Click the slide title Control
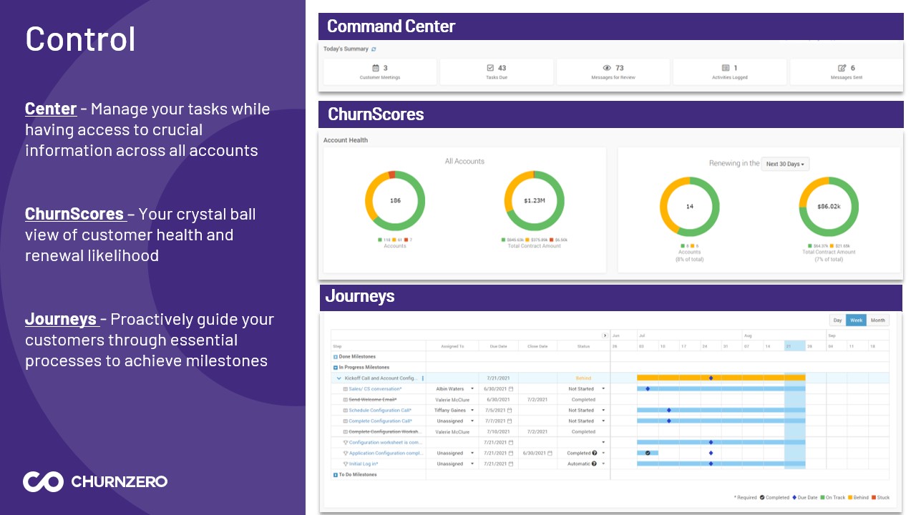[80, 39]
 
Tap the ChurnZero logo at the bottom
[95, 481]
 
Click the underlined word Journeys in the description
[61, 319]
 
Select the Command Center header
[391, 26]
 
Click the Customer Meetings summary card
[380, 72]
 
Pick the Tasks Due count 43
[502, 68]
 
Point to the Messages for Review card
[613, 72]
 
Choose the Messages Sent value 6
[852, 68]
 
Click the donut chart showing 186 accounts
[395, 201]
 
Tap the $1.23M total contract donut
[534, 201]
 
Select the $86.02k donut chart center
[829, 206]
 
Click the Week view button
[856, 320]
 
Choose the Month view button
[877, 320]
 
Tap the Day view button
[837, 320]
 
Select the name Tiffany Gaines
[450, 410]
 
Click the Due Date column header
[498, 346]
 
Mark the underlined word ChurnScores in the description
[74, 214]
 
